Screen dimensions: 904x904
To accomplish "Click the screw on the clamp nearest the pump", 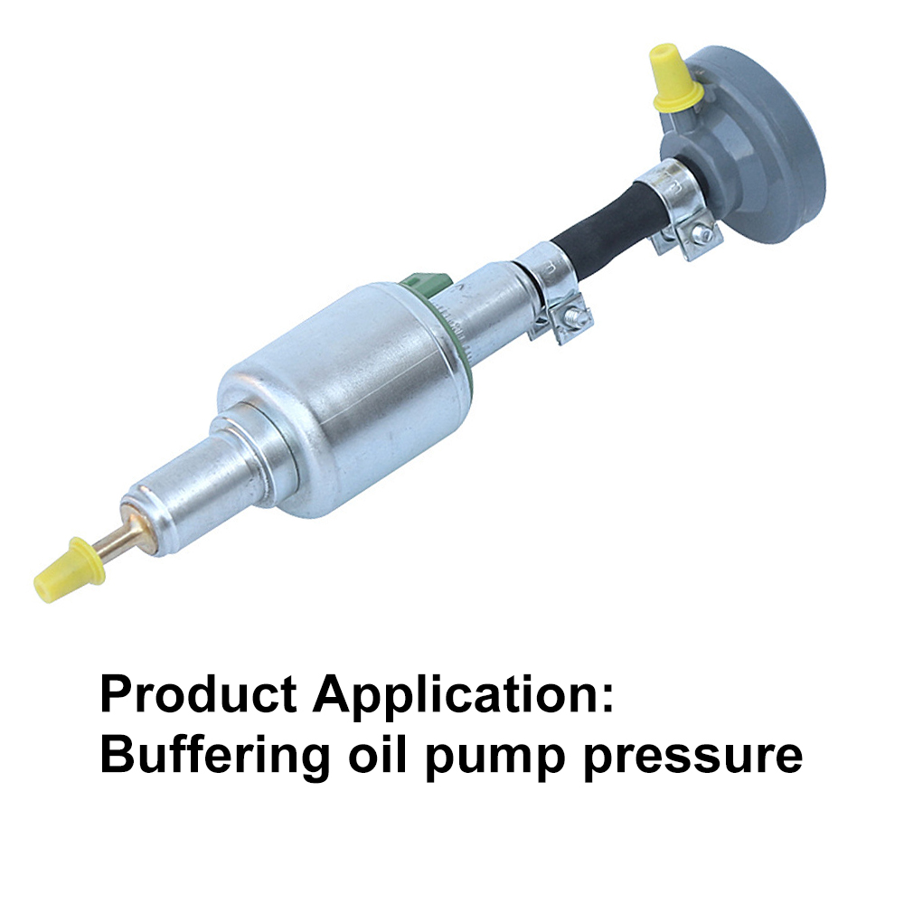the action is pyautogui.click(x=572, y=315).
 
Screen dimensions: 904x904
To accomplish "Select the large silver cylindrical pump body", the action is pyautogui.click(x=346, y=398).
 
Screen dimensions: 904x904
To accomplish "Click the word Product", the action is pyautogui.click(x=200, y=694).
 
